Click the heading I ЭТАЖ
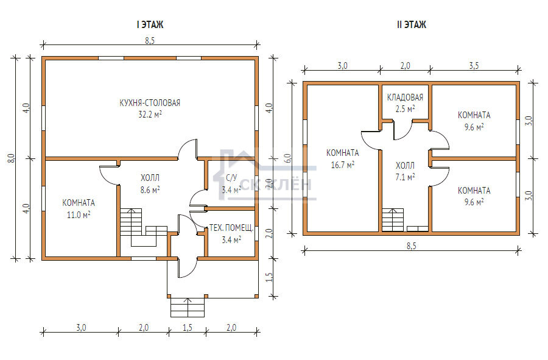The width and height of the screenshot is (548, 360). coord(150,24)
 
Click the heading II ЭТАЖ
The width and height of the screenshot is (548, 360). coord(412,24)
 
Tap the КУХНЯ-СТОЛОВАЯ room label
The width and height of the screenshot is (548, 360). coord(150,103)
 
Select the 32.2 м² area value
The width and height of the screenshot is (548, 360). coord(150,115)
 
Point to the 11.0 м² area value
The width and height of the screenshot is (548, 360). coord(79,214)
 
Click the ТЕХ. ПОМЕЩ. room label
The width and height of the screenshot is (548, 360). coord(231,228)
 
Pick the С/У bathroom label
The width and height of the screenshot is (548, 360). coord(231,178)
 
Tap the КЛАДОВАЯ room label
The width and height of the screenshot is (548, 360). coord(405,97)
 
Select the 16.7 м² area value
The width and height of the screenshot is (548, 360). coord(342,164)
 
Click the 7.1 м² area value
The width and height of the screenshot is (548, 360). coord(405,177)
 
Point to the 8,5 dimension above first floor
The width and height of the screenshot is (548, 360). coord(150,41)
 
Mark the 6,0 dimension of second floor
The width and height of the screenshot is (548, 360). coord(287,158)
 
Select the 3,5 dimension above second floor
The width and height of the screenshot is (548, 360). coord(474,65)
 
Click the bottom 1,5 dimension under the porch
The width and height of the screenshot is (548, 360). coord(188,328)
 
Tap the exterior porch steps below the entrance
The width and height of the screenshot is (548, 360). coord(188,307)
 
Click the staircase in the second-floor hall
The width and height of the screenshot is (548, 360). coord(393,220)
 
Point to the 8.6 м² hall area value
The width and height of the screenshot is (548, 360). coord(150,190)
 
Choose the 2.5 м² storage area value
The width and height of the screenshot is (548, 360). coord(405,108)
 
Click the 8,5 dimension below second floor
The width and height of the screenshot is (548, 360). coord(412,245)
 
